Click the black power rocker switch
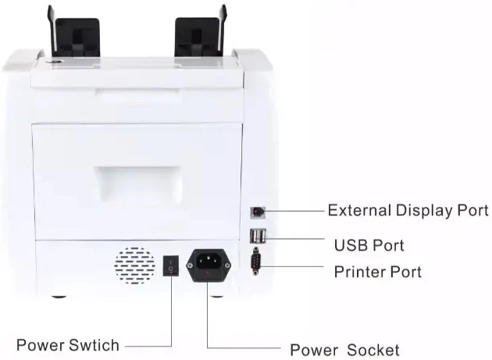(x=171, y=266)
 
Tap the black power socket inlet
(x=209, y=266)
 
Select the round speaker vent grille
(x=134, y=266)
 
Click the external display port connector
(x=258, y=212)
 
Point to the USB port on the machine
(x=258, y=236)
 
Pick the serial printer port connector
(x=256, y=261)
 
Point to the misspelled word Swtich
(x=94, y=345)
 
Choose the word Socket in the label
(x=373, y=350)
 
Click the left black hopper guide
(x=74, y=33)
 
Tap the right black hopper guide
(x=201, y=32)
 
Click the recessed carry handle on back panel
(x=137, y=184)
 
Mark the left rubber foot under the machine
(x=59, y=296)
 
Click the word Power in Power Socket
(x=314, y=350)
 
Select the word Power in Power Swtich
(x=41, y=345)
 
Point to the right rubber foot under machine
(x=216, y=296)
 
